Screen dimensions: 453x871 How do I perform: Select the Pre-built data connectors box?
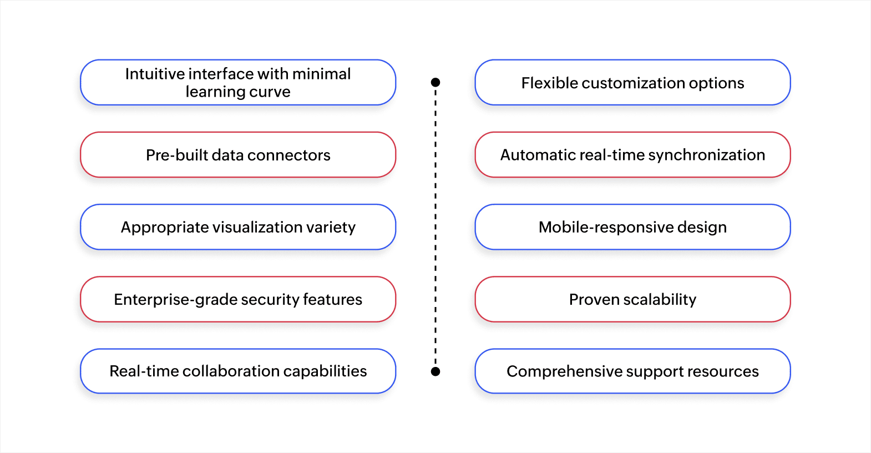[238, 155]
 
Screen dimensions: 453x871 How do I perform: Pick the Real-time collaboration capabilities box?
[238, 371]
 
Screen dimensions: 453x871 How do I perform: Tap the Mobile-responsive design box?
[632, 227]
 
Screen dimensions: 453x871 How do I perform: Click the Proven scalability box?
[632, 299]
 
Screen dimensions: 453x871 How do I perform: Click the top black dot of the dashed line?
[435, 82]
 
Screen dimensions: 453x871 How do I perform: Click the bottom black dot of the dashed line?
[435, 371]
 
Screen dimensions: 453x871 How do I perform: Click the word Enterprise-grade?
[175, 300]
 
